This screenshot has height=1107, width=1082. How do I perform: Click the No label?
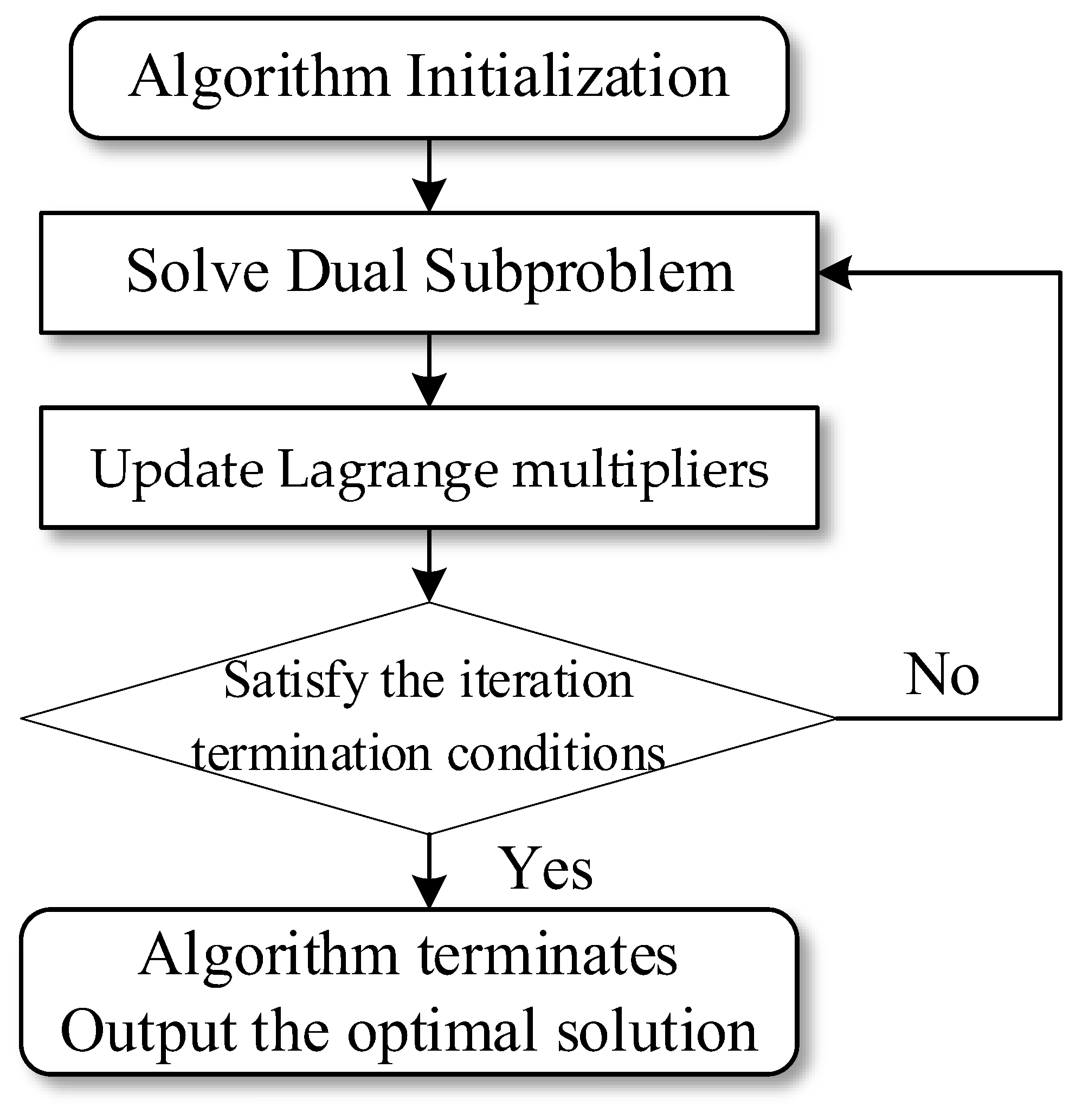point(942,675)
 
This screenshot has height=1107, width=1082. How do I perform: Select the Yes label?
point(545,869)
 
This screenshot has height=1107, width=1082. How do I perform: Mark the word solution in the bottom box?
point(657,1031)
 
